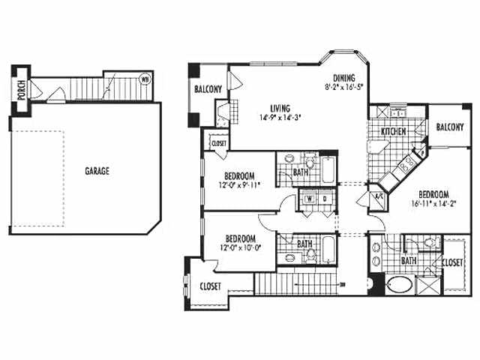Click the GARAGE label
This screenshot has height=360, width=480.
point(97,171)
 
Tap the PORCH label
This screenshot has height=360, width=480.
point(22,91)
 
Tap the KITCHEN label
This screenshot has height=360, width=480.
point(394,131)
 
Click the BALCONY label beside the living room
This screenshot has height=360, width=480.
point(208,90)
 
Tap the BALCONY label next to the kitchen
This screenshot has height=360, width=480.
point(450,127)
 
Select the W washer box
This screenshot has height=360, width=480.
point(308,199)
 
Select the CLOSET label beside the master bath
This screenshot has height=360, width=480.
point(452,264)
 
